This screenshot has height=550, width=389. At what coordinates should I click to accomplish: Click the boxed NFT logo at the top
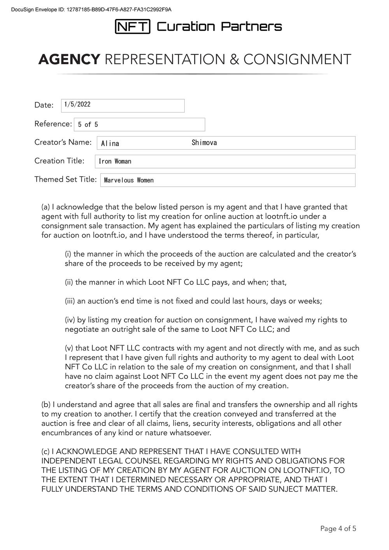[x=133, y=26]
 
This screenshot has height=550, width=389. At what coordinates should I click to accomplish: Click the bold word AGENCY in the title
[x=69, y=60]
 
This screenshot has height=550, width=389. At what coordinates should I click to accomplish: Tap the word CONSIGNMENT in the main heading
[x=297, y=60]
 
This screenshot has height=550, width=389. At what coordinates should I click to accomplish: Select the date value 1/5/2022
[x=77, y=104]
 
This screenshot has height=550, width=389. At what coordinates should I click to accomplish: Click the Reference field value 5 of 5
[x=88, y=124]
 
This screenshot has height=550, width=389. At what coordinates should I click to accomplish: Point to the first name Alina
[x=110, y=143]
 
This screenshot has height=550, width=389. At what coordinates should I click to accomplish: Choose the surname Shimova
[x=204, y=143]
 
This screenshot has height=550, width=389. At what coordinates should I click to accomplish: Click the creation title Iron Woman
[x=115, y=161]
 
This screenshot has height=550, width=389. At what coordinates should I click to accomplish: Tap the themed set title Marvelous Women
[x=129, y=180]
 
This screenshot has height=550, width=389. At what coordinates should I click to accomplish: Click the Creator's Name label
[x=63, y=142]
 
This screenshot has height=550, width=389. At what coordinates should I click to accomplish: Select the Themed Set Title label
[x=65, y=179]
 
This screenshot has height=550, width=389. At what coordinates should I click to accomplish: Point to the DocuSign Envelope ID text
[x=91, y=9]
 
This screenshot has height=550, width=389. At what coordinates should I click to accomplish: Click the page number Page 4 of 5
[x=338, y=528]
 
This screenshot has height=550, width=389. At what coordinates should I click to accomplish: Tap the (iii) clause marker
[x=70, y=301]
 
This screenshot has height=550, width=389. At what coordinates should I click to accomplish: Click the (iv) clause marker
[x=70, y=320]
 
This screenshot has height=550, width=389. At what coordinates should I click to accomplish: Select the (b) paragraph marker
[x=46, y=405]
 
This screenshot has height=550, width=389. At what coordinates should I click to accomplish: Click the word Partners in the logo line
[x=252, y=26]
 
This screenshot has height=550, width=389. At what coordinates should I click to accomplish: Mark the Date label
[x=44, y=105]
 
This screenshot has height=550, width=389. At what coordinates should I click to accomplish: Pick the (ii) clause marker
[x=69, y=282]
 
